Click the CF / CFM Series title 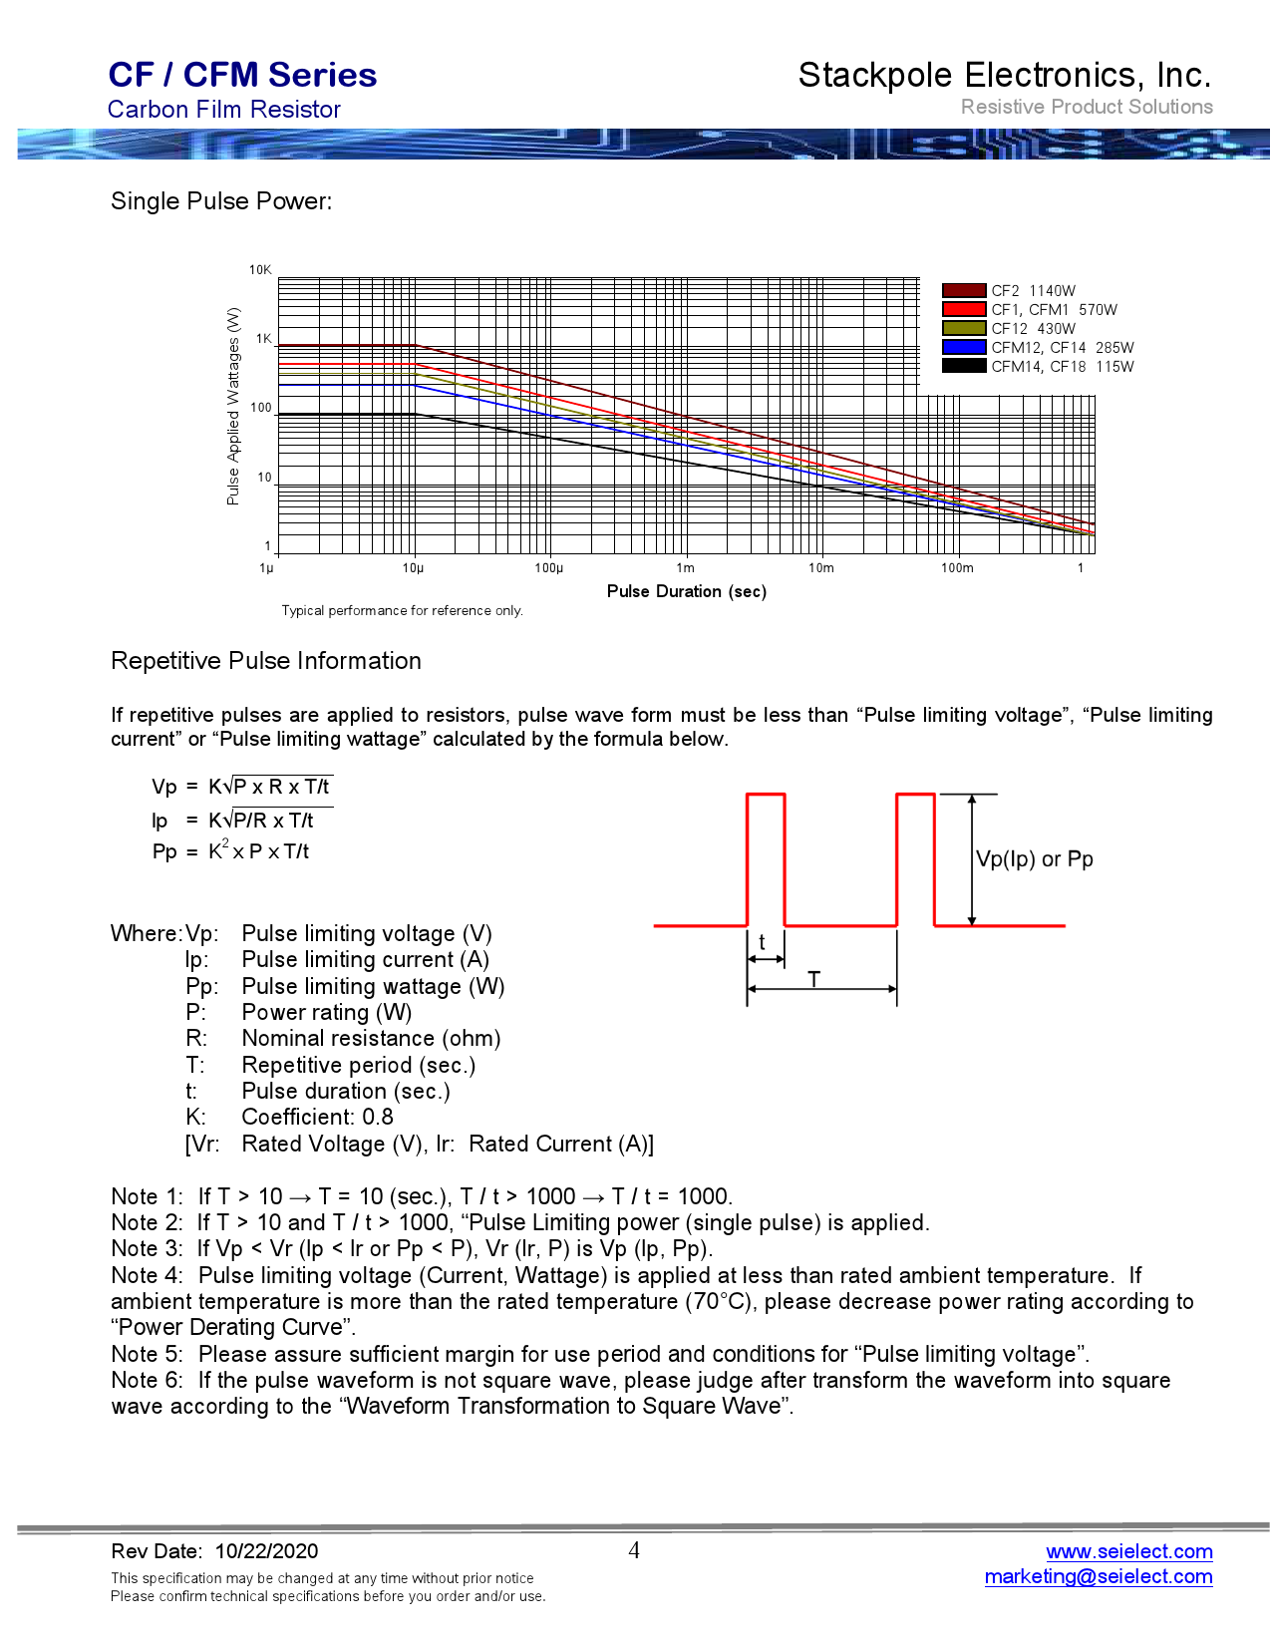coord(242,75)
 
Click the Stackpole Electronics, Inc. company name coord(1004,75)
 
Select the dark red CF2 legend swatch coord(963,291)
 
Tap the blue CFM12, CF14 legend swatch coord(963,348)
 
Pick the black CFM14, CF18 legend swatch coord(963,367)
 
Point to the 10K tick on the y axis coord(260,270)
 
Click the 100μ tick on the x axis coord(548,568)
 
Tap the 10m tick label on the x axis coord(820,568)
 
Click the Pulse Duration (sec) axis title coord(686,591)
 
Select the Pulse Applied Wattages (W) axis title coord(233,407)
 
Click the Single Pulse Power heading coord(221,201)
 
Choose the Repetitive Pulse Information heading coord(266,661)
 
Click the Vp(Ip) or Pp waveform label coord(1034,859)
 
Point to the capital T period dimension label coord(814,979)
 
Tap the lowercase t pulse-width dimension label coord(763,942)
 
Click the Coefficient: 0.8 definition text coord(317,1118)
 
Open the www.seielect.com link coord(1128,1551)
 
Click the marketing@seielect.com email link coord(1098,1576)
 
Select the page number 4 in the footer coord(634,1550)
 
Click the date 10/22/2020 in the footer coord(266,1551)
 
